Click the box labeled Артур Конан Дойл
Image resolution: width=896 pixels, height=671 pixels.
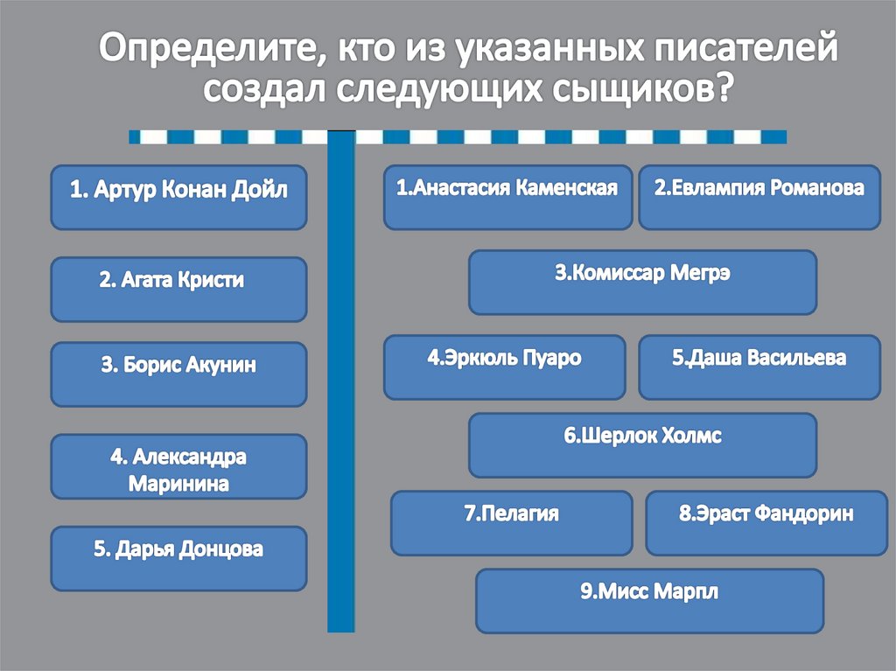click(x=178, y=197)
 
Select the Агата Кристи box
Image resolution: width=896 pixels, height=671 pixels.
click(x=178, y=289)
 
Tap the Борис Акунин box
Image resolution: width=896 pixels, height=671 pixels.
click(x=178, y=374)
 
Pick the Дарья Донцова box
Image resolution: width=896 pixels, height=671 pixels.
click(x=178, y=557)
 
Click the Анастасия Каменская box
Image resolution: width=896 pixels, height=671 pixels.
click(x=507, y=197)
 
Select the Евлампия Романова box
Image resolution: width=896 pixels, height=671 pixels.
click(x=759, y=197)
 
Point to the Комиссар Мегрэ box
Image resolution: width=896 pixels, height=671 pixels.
click(x=642, y=282)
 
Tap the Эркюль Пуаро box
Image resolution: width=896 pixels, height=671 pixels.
click(x=505, y=367)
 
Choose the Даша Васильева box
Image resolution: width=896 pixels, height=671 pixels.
click(x=759, y=367)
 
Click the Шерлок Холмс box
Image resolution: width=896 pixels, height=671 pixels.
click(x=642, y=444)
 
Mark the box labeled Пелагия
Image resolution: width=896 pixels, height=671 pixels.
click(x=511, y=522)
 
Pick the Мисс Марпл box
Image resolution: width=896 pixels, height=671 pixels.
click(x=649, y=600)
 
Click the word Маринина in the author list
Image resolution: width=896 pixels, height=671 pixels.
click(x=178, y=484)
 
